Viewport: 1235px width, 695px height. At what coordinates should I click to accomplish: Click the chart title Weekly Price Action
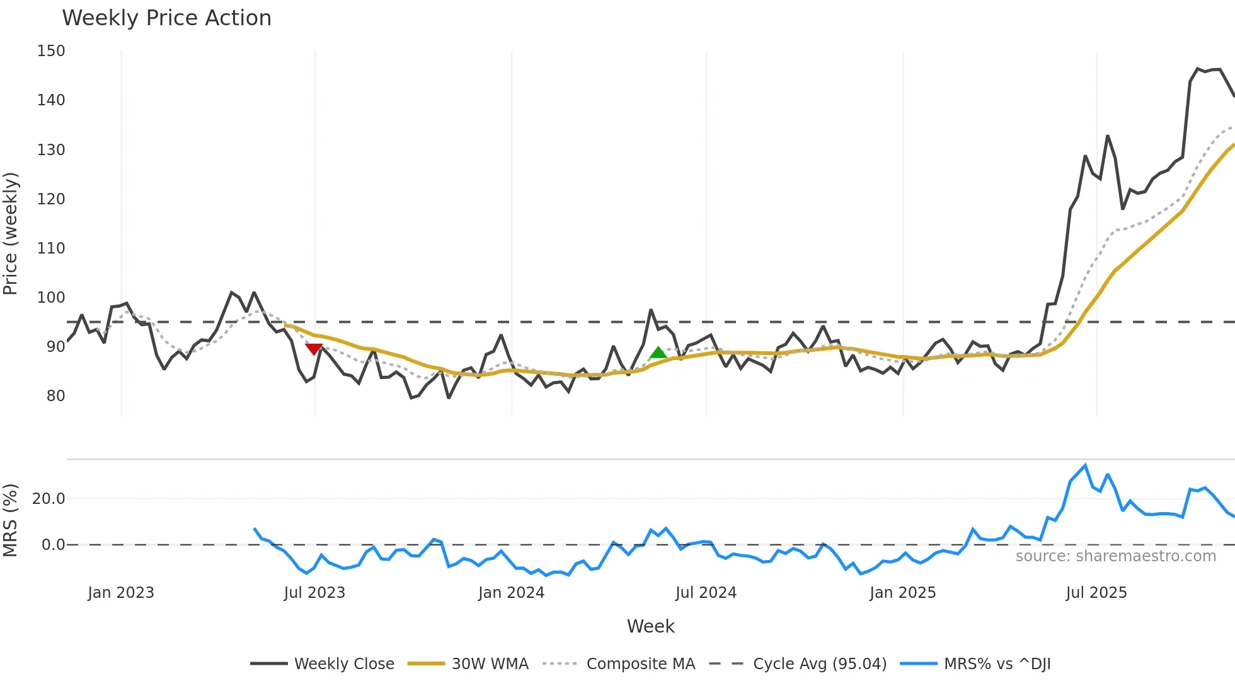(x=166, y=18)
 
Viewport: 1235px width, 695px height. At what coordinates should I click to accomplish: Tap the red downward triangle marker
(x=314, y=349)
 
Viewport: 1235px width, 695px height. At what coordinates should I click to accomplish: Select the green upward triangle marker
(x=658, y=353)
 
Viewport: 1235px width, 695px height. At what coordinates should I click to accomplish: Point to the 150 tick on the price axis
(x=51, y=51)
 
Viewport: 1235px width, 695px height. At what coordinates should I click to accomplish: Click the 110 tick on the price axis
(x=51, y=248)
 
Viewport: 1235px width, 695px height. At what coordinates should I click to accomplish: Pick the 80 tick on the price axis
(x=55, y=395)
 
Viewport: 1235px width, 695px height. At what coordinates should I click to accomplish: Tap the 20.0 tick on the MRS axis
(x=49, y=499)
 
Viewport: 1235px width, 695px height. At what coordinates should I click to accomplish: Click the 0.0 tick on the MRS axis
(x=53, y=544)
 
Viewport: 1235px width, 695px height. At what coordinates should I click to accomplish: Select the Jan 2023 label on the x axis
(x=121, y=593)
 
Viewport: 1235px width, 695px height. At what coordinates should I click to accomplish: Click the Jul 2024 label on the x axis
(x=706, y=593)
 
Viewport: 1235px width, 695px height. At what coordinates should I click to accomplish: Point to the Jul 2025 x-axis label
(x=1096, y=593)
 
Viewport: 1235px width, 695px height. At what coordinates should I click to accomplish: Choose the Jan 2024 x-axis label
(x=511, y=593)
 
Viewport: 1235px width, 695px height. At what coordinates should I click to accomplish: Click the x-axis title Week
(x=650, y=626)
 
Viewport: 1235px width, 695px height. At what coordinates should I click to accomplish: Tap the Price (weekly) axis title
(x=11, y=233)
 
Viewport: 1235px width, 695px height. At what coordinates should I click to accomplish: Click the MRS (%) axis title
(x=11, y=520)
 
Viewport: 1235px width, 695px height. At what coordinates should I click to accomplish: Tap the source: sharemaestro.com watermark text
(x=1115, y=556)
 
